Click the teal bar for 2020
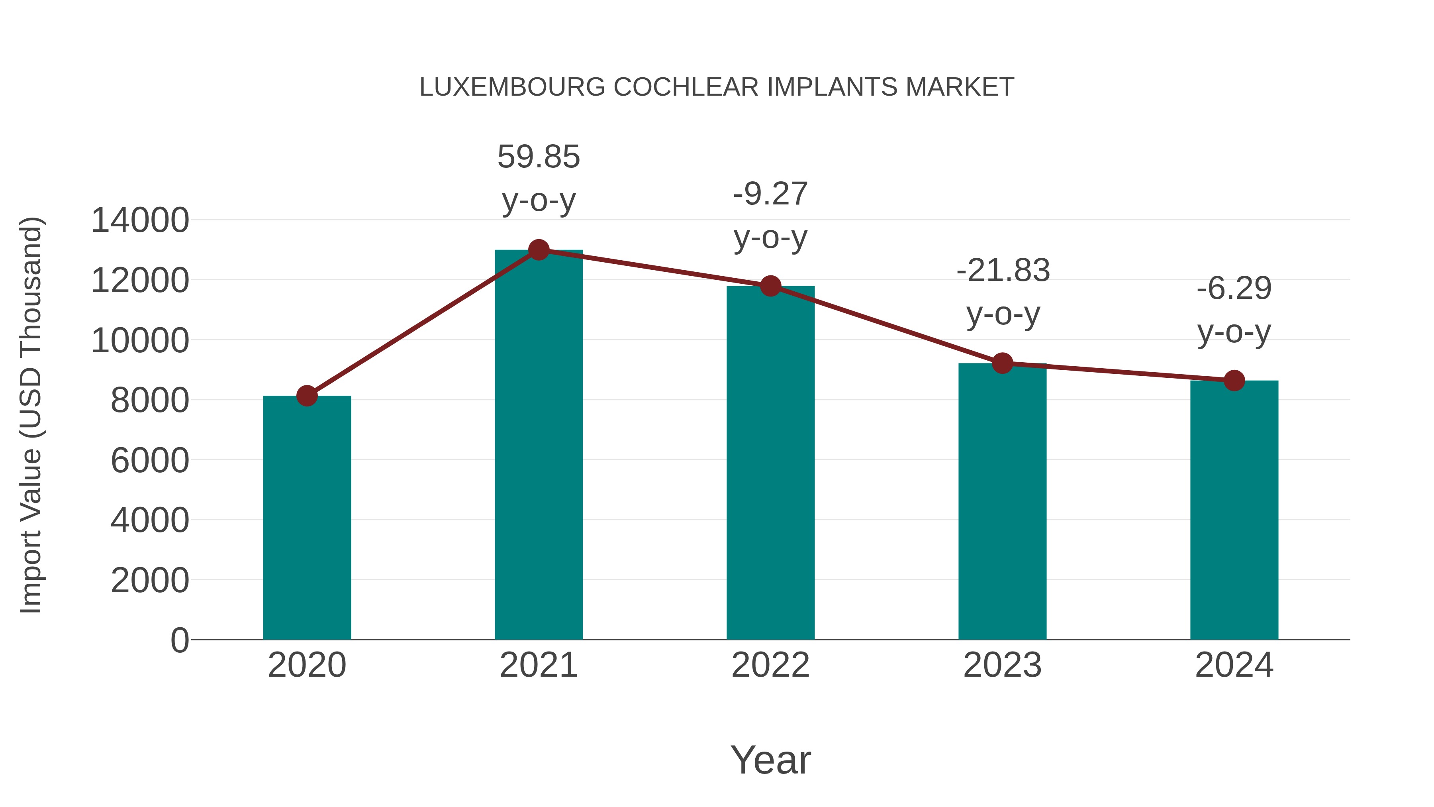[x=307, y=518]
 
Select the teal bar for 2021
[x=538, y=446]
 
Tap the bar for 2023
[x=1002, y=501]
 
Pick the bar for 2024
[x=1234, y=510]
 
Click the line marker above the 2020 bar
[x=307, y=396]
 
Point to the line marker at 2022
[x=770, y=286]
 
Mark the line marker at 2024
[x=1234, y=381]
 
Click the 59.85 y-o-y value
[x=538, y=157]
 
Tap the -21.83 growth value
[x=1003, y=271]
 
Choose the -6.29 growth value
[x=1234, y=289]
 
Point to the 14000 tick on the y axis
[x=140, y=220]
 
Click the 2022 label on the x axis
[x=770, y=665]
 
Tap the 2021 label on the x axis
[x=538, y=665]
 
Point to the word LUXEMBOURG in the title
[x=512, y=87]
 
